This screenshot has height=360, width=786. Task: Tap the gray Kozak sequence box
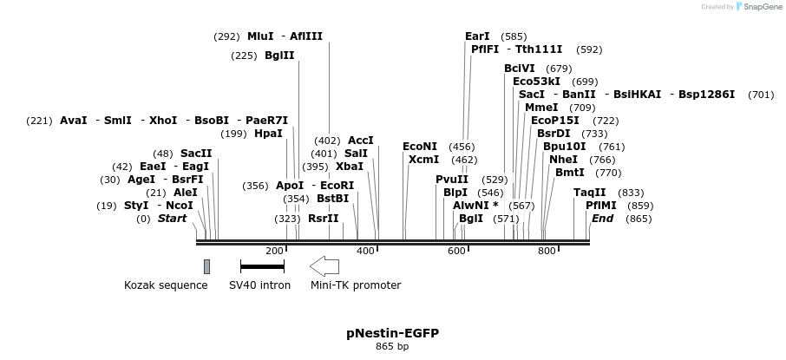tap(206, 266)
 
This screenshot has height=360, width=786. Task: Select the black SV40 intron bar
tap(262, 266)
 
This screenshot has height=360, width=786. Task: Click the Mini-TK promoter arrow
tap(324, 266)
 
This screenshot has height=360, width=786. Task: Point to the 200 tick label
tap(274, 251)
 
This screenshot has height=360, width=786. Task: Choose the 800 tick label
tap(547, 251)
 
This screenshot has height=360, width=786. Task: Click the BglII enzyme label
tap(279, 56)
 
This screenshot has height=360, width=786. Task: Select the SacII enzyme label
tap(196, 154)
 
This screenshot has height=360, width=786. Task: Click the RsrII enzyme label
tap(323, 219)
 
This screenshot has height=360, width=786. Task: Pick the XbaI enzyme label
tap(349, 167)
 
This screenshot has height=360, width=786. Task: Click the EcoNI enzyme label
tap(420, 147)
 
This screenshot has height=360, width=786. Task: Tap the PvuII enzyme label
tap(452, 180)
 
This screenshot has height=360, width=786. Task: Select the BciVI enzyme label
tap(520, 69)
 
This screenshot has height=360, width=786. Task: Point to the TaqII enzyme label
tap(590, 193)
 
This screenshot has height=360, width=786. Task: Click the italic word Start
tap(172, 219)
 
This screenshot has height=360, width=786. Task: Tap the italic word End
tap(602, 219)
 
